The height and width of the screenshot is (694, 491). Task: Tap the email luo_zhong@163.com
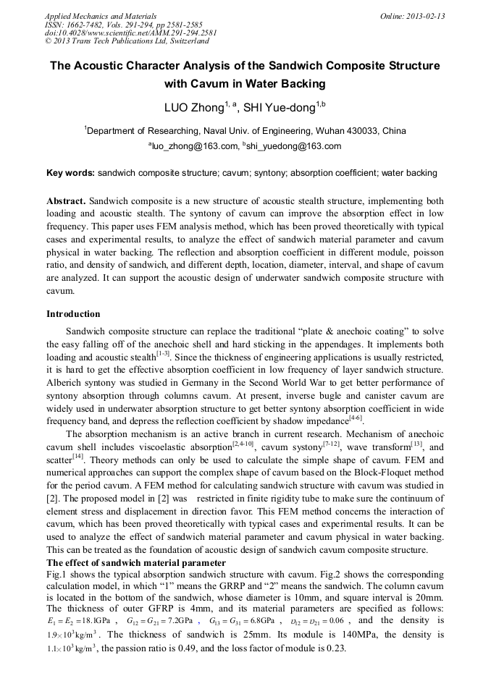tap(193, 146)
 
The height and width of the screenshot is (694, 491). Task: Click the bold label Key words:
tap(71, 173)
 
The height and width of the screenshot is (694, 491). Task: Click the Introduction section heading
tap(73, 314)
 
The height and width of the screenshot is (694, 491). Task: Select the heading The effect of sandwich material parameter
tap(136, 563)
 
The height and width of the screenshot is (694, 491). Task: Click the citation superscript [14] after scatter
tap(78, 457)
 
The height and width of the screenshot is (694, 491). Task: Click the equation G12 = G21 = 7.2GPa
tap(159, 621)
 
